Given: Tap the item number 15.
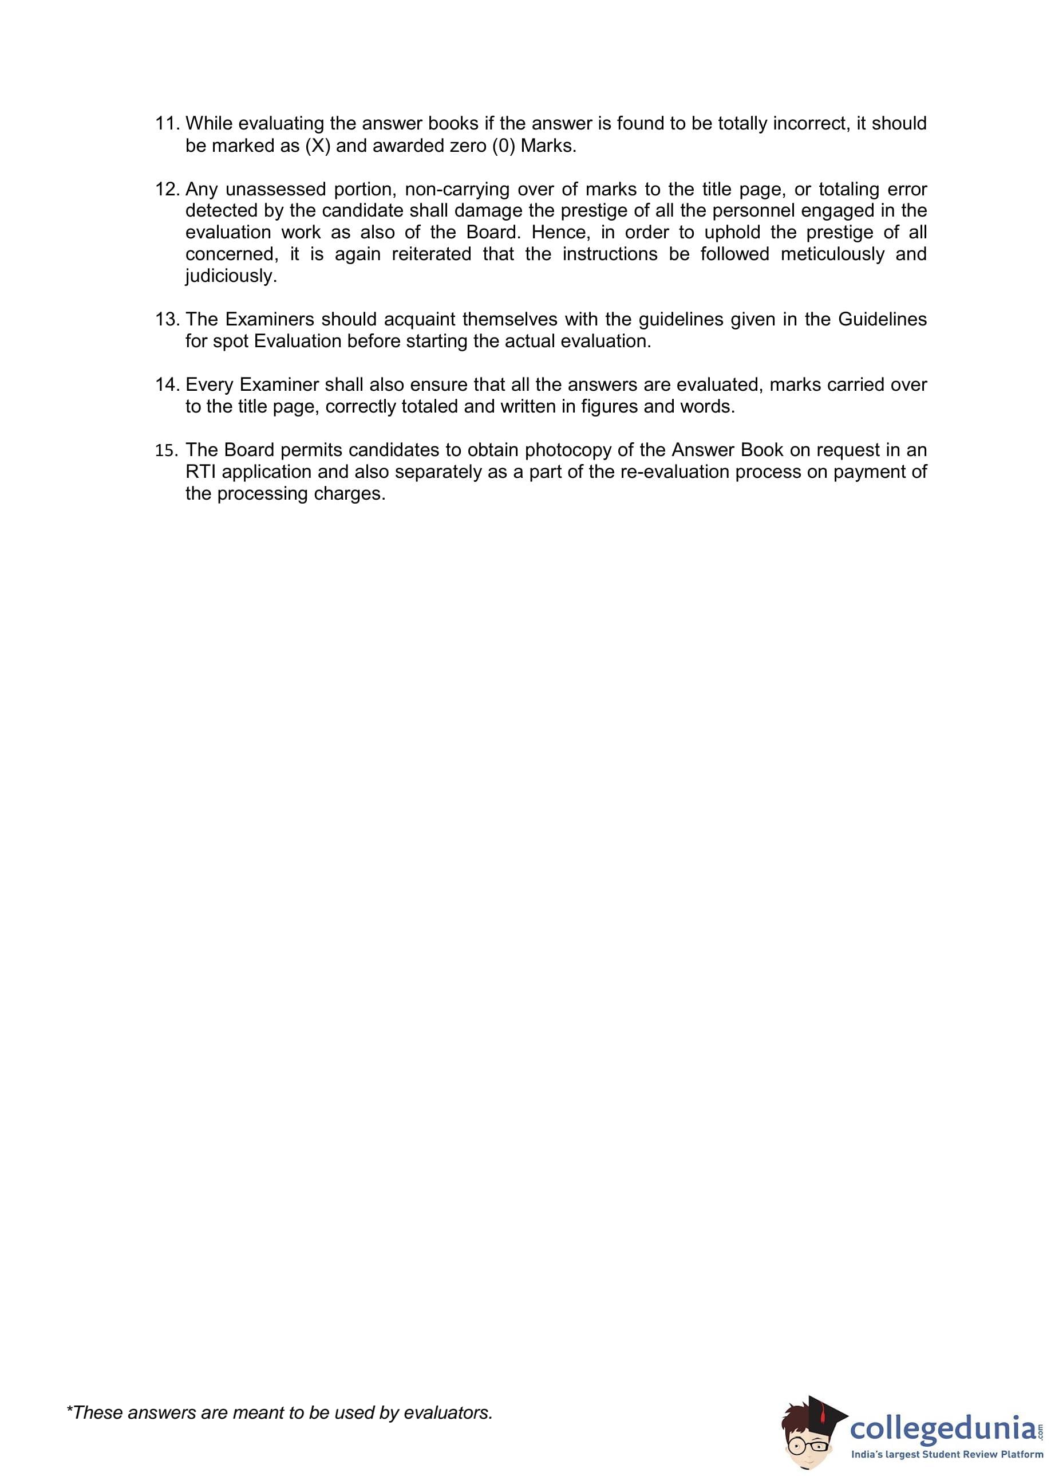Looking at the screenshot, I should [165, 450].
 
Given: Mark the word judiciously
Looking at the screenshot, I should [230, 276].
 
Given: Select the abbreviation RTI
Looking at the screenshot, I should [200, 472].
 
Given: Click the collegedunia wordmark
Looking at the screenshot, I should [942, 1427].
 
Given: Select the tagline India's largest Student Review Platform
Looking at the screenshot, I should [946, 1455].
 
